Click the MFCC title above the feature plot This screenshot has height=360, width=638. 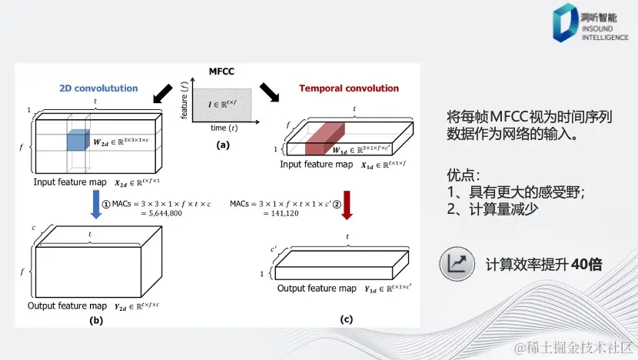click(x=221, y=72)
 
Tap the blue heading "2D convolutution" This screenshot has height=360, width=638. click(x=98, y=88)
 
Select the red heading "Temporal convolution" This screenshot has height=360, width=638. click(x=350, y=88)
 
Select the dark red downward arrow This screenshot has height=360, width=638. click(x=347, y=206)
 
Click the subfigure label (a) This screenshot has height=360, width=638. click(x=222, y=145)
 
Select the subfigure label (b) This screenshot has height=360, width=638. click(x=96, y=320)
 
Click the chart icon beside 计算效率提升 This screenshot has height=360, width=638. click(x=458, y=264)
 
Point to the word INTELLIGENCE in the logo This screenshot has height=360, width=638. click(x=606, y=37)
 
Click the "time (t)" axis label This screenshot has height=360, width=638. click(x=224, y=128)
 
